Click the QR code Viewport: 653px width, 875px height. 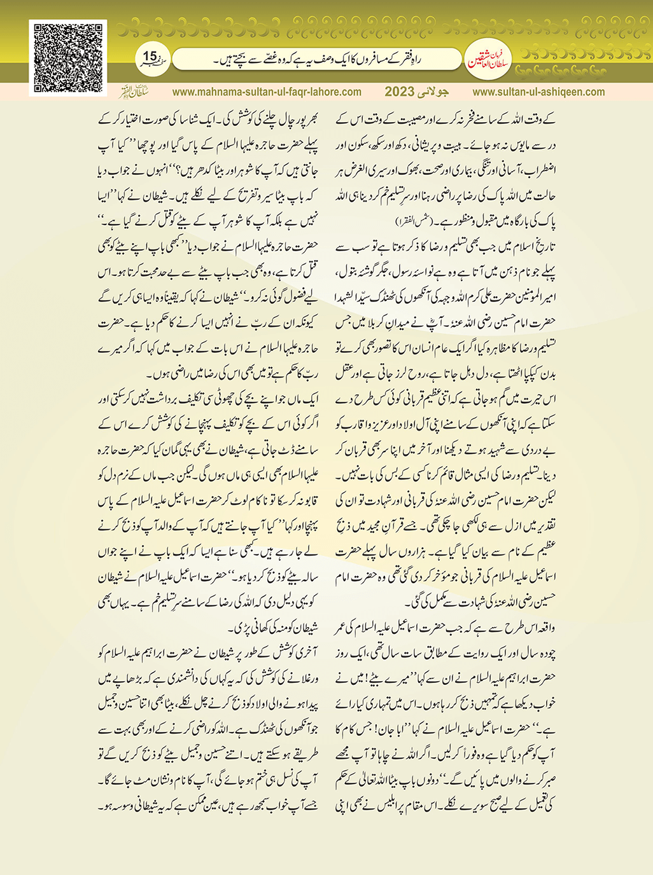pyautogui.click(x=67, y=59)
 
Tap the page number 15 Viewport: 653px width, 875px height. pyautogui.click(x=150, y=57)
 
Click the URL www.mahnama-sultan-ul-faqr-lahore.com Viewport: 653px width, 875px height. pyautogui.click(x=267, y=92)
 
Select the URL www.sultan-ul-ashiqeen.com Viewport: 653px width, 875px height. pyautogui.click(x=538, y=92)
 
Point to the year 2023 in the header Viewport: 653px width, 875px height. pyautogui.click(x=399, y=92)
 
